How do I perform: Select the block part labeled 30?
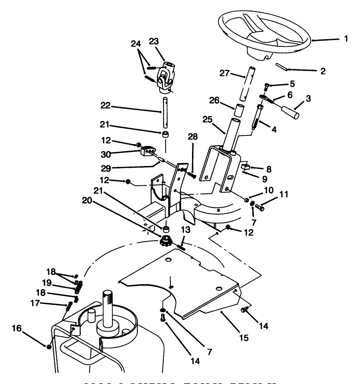(148, 151)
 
